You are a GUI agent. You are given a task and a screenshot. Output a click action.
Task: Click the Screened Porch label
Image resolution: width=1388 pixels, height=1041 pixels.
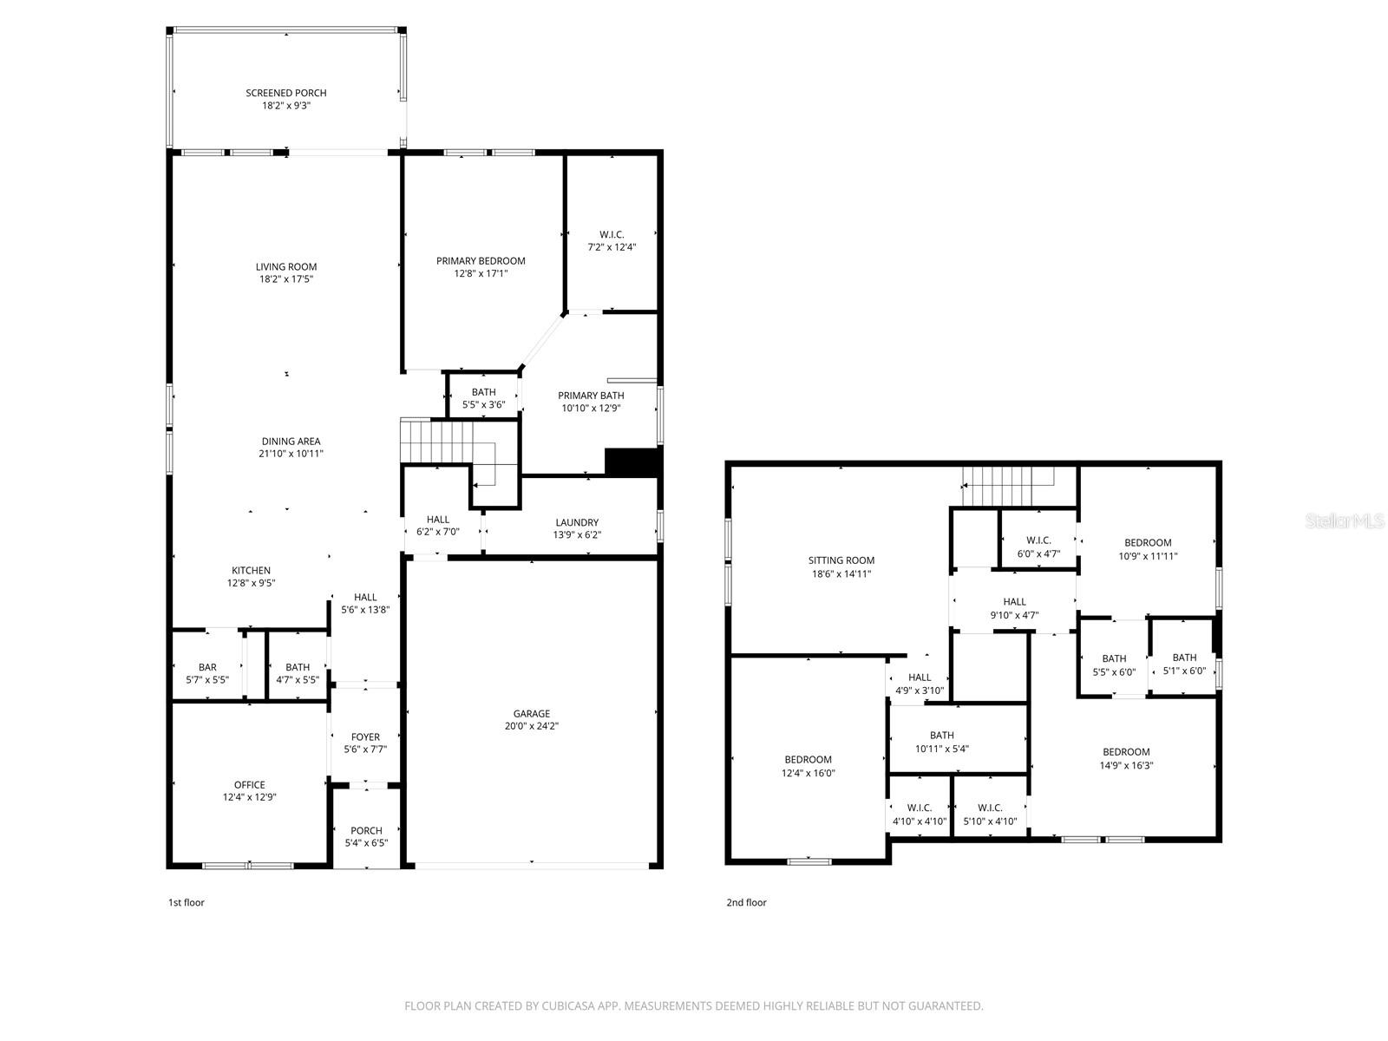coord(285,93)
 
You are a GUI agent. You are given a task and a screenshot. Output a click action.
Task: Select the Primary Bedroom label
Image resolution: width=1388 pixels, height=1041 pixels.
coord(481,260)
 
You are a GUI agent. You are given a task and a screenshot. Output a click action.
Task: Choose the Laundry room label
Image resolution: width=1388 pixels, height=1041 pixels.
coord(577,522)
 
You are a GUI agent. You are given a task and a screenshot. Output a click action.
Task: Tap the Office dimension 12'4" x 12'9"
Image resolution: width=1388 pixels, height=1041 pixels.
coord(250,797)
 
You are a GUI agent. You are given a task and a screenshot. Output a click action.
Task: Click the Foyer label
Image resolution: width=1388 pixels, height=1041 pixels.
coord(365,737)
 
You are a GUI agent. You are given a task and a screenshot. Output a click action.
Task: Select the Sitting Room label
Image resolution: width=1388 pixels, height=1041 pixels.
coord(841,560)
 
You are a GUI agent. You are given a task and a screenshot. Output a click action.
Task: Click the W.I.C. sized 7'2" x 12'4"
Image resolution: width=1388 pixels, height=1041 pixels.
coord(612,240)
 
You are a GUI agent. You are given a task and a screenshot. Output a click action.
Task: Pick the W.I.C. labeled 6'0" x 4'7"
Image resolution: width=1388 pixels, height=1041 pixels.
coord(1038,547)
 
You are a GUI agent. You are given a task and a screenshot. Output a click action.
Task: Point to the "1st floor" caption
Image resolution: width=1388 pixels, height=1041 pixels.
coord(186,902)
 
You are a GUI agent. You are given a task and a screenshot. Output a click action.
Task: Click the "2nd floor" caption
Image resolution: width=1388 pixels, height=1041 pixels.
coord(746,902)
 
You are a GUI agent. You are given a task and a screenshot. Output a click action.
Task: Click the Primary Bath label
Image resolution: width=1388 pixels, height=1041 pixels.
coord(591,396)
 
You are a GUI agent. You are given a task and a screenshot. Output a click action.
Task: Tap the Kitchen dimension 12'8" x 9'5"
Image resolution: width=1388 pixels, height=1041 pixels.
coord(251,583)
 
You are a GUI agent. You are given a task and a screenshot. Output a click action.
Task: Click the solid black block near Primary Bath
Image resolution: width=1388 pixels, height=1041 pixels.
coord(632,462)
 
